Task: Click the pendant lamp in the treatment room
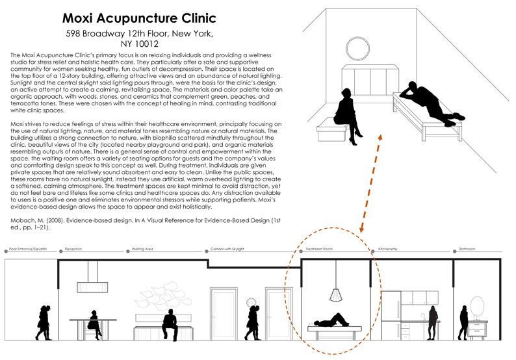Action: click(335, 294)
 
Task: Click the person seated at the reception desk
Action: click(94, 322)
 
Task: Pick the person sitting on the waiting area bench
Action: click(170, 322)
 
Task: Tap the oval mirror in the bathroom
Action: click(478, 306)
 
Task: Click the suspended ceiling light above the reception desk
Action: click(94, 287)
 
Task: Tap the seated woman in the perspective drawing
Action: click(345, 107)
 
